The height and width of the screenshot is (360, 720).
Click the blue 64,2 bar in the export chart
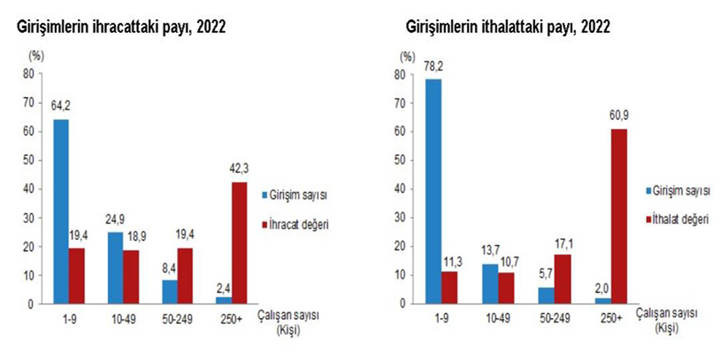coord(61,212)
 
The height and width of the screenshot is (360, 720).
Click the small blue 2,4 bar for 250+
coord(224,301)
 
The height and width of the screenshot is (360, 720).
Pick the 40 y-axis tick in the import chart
coord(399,189)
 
